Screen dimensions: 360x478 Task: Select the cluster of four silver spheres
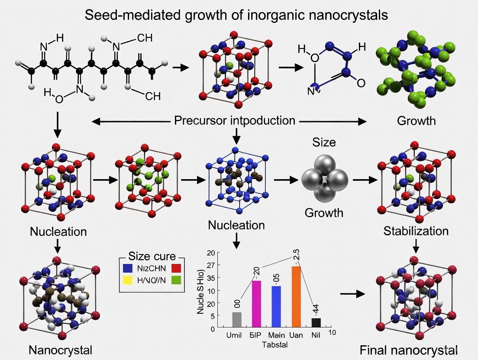coord(325,178)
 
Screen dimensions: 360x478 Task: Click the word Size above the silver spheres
coord(324,142)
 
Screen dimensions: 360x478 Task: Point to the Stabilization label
coord(416,231)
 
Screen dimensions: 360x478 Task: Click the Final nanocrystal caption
coord(408,350)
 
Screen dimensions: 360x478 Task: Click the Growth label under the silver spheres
coord(324,212)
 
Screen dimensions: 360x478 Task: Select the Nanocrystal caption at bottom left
coord(61,350)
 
